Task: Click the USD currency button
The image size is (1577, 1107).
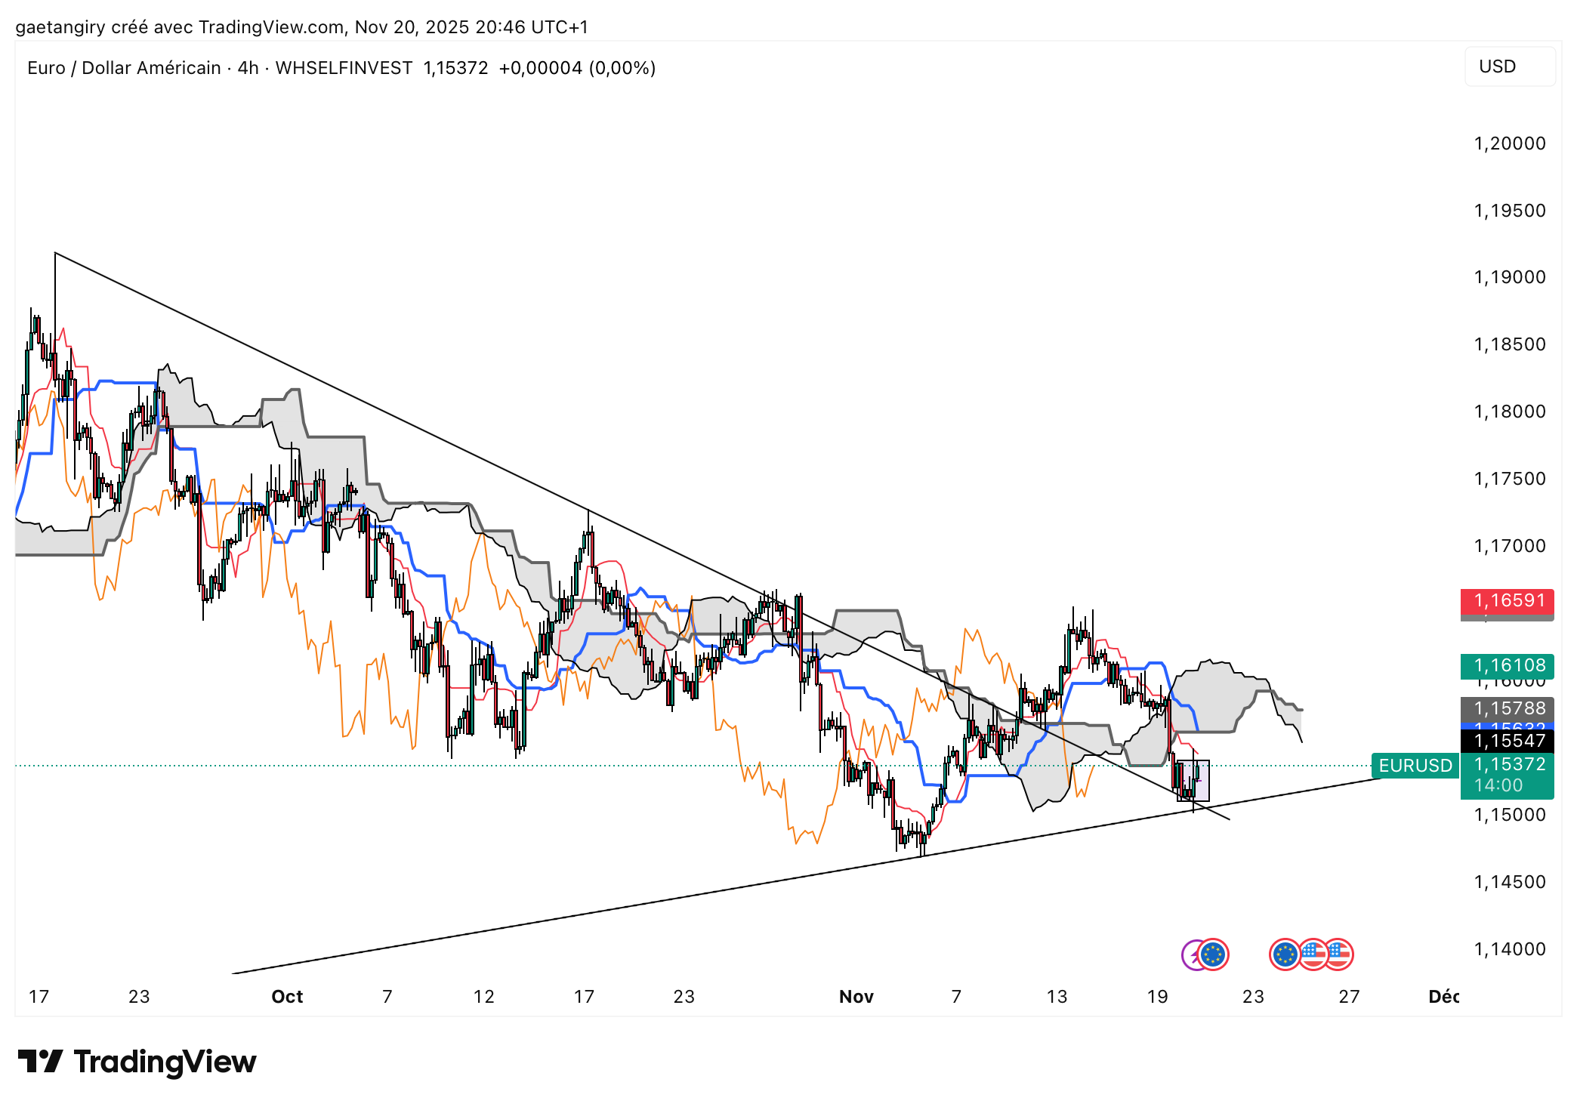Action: (1508, 66)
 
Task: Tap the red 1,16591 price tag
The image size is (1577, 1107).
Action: (1507, 601)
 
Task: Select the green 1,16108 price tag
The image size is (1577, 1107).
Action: (1507, 666)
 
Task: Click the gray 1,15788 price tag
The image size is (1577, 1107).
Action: (1507, 708)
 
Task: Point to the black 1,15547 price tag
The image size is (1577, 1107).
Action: (1507, 741)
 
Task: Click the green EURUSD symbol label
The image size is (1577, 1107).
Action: (1415, 766)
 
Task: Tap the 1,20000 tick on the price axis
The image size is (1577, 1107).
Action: (1510, 143)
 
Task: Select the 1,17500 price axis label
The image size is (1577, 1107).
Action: (1510, 479)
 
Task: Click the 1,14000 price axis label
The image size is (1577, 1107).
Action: (1510, 949)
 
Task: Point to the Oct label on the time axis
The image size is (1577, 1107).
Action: (287, 997)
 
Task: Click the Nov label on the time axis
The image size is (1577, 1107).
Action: (856, 997)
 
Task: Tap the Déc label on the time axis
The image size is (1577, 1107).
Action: (1443, 997)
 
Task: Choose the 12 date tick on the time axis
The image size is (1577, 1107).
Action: (483, 997)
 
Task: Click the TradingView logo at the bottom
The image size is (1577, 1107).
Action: (137, 1062)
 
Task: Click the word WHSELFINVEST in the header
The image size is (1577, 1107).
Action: (344, 68)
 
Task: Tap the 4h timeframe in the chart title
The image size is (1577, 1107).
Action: (248, 68)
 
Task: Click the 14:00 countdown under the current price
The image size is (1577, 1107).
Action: (1498, 785)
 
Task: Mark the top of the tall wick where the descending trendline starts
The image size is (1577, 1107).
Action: (55, 253)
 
